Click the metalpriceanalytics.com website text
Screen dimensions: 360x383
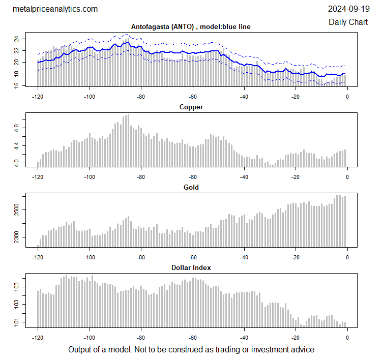[54, 9]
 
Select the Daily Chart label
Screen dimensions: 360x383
[348, 22]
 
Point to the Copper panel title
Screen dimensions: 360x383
[191, 107]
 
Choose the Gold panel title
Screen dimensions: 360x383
[191, 187]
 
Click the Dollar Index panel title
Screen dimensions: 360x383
[191, 267]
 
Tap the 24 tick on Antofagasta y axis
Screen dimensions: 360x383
[17, 39]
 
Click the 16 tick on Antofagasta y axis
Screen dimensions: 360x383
[17, 85]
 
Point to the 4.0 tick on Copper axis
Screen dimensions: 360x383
[17, 163]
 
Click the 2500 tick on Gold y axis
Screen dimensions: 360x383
[17, 209]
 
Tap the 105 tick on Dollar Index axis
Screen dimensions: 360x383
[17, 288]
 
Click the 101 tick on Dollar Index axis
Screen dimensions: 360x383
[17, 322]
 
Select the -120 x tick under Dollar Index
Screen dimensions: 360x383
[38, 337]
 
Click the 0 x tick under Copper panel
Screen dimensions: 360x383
[347, 176]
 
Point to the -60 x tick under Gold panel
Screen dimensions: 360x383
[192, 257]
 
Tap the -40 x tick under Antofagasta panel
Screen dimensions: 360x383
[244, 96]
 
